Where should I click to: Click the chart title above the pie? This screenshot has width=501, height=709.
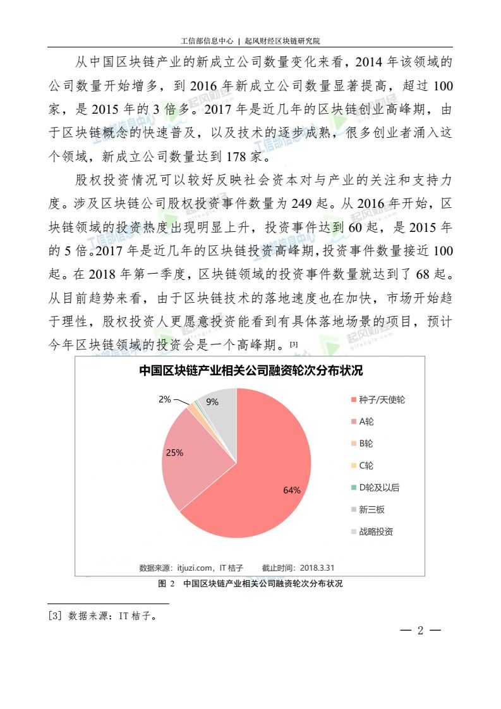(251, 371)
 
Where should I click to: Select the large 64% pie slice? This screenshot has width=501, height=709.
(265, 480)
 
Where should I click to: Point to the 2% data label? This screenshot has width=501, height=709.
(164, 399)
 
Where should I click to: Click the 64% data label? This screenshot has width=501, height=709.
(292, 490)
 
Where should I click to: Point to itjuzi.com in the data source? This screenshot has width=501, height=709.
(196, 567)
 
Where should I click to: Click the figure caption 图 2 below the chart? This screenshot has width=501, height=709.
(166, 584)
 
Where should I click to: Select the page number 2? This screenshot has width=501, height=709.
(420, 630)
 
